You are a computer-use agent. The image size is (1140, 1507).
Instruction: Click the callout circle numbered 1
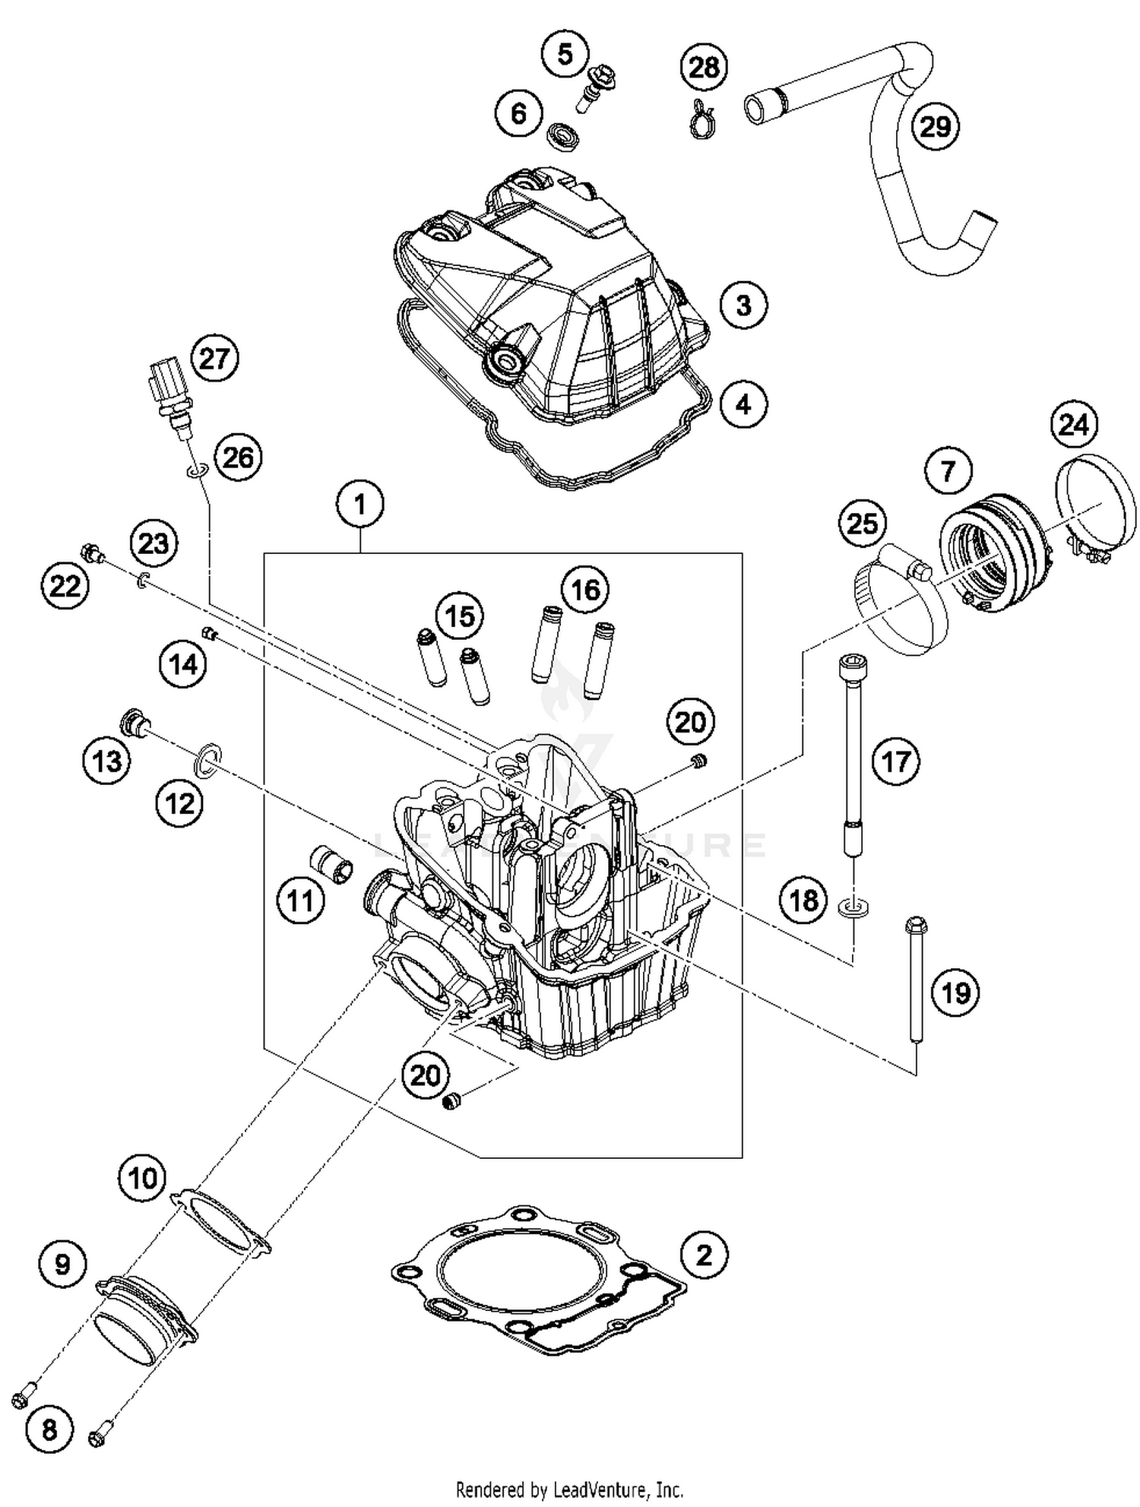coord(360,505)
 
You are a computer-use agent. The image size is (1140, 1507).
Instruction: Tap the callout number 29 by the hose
coord(935,126)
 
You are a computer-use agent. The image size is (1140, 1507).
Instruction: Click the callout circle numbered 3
coord(743,306)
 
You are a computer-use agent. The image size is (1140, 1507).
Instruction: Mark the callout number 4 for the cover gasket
coord(743,404)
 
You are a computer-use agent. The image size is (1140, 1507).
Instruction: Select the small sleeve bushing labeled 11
coord(333,865)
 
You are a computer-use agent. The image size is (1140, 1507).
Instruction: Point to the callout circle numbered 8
coord(49,1430)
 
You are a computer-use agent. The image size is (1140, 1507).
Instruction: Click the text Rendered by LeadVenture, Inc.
coord(569,1488)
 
